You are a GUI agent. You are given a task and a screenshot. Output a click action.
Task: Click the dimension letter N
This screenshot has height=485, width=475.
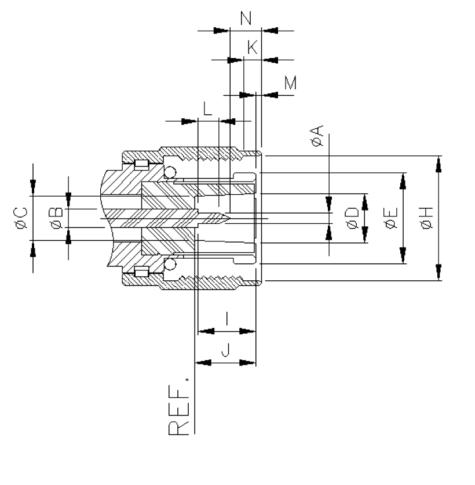tap(246, 18)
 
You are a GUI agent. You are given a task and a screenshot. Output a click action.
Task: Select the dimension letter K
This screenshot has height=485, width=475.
tap(252, 48)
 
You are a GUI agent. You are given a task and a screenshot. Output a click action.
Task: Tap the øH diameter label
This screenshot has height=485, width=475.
tap(426, 218)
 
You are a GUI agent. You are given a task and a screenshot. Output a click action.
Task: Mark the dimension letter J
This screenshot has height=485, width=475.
tap(226, 349)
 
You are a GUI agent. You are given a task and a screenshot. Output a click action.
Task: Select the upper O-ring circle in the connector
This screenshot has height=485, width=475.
tap(170, 172)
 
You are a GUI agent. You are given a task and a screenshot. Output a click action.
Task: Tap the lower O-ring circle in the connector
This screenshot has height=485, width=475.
tap(170, 265)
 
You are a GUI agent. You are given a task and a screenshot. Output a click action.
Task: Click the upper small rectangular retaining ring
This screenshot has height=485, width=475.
tap(141, 164)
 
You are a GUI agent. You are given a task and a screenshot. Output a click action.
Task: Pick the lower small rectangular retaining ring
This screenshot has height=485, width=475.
tap(141, 272)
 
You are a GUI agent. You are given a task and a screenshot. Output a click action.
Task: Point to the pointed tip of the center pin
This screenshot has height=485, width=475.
tap(229, 218)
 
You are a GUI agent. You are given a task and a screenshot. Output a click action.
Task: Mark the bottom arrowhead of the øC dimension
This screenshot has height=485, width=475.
tap(33, 246)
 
